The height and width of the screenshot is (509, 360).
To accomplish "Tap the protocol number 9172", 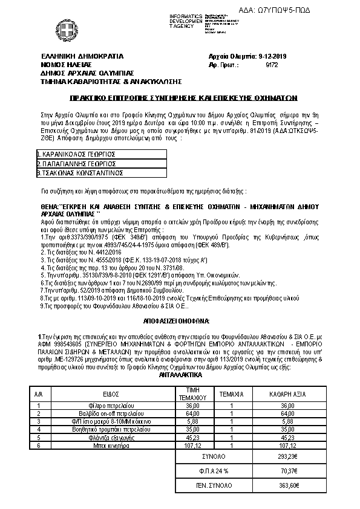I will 272,63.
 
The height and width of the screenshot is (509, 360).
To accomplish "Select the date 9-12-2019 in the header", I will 272,56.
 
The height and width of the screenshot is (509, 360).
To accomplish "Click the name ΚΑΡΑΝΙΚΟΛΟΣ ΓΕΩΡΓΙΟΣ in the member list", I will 77,154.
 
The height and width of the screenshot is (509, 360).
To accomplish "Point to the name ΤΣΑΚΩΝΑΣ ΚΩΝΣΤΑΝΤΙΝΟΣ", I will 81,172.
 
